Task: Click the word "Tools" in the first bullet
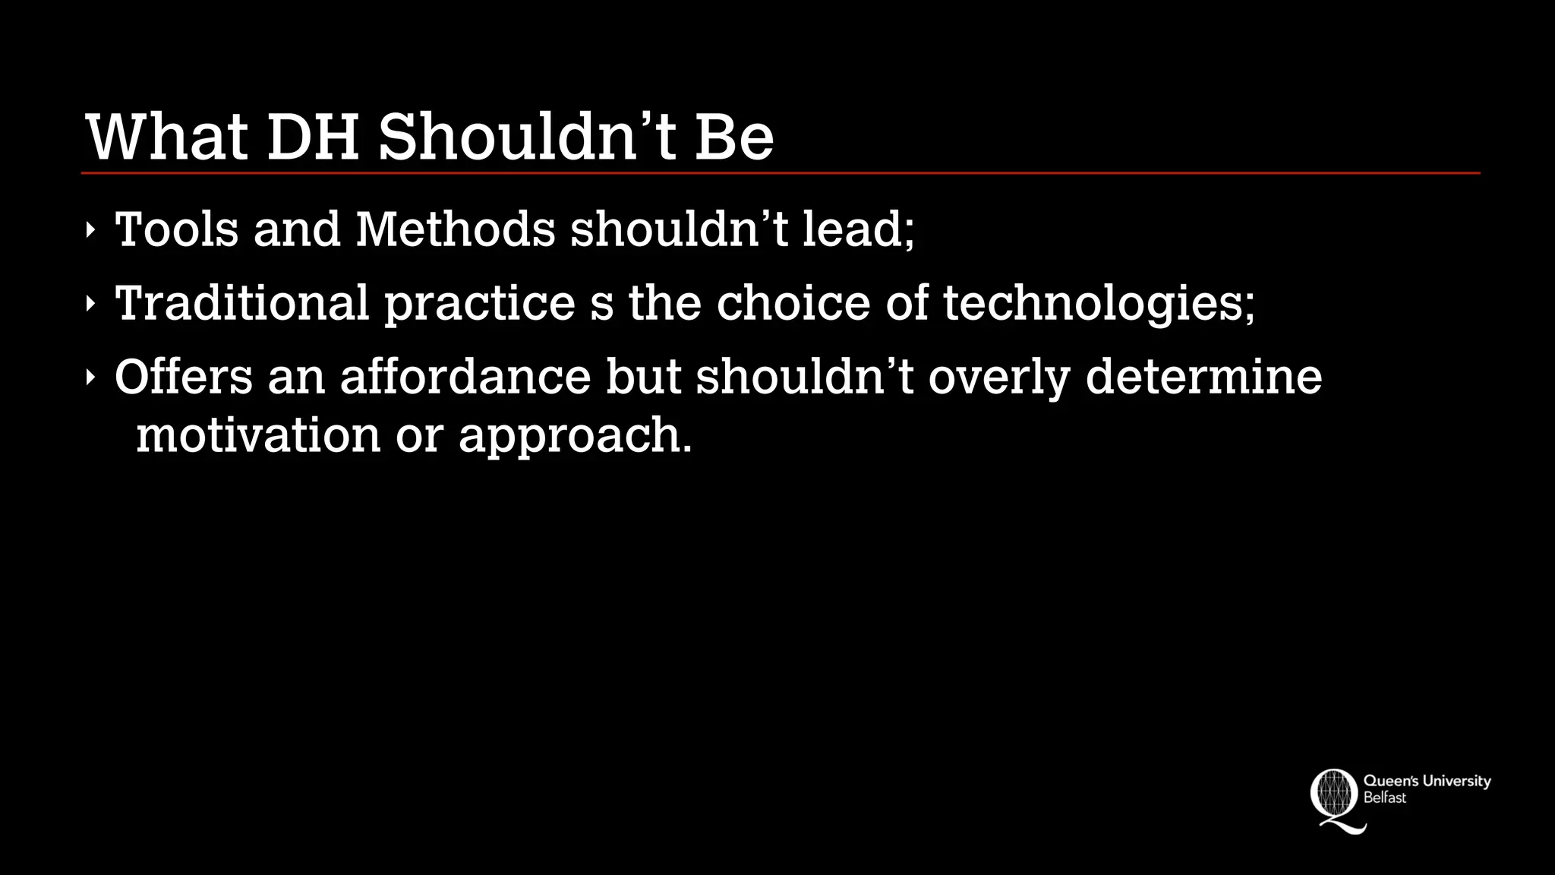pyautogui.click(x=176, y=229)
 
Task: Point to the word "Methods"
pyautogui.click(x=456, y=229)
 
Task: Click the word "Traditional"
pyautogui.click(x=241, y=302)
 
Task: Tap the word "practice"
pyautogui.click(x=480, y=304)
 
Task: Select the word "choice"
pyautogui.click(x=793, y=302)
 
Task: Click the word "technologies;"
pyautogui.click(x=1099, y=304)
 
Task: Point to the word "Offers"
pyautogui.click(x=183, y=376)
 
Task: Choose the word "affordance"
pyautogui.click(x=465, y=376)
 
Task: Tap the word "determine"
pyautogui.click(x=1203, y=376)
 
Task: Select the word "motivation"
pyautogui.click(x=258, y=435)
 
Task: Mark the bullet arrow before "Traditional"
pyautogui.click(x=90, y=304)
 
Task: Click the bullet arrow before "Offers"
pyautogui.click(x=90, y=377)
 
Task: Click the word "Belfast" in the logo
pyautogui.click(x=1385, y=798)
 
